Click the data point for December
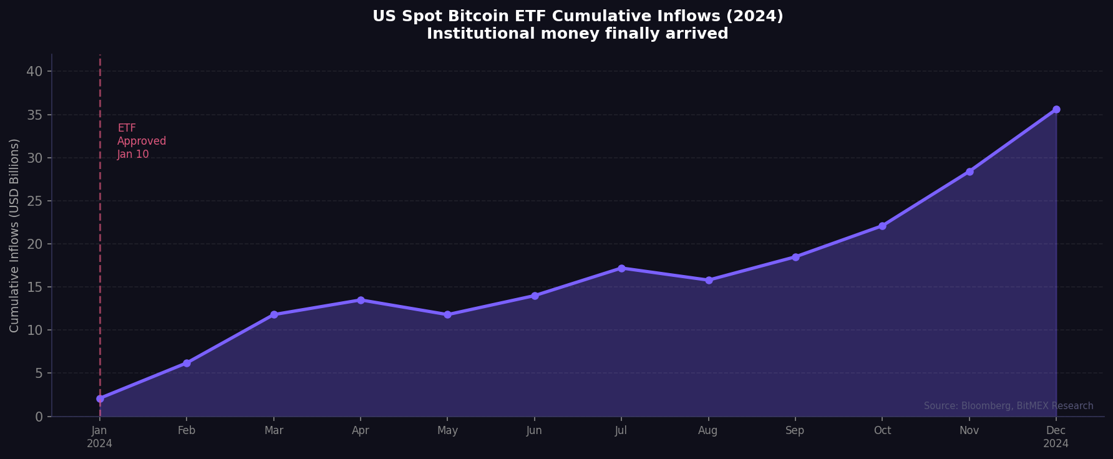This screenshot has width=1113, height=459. point(1056,109)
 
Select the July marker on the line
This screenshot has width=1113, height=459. point(621,268)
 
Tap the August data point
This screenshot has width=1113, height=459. point(709,280)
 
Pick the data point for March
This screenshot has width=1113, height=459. point(274,314)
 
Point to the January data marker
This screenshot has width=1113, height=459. point(100,399)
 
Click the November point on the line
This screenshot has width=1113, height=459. point(970,172)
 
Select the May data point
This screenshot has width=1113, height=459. point(447,314)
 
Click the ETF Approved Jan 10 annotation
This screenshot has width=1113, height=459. point(142,142)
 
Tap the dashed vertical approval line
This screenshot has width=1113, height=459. point(100,249)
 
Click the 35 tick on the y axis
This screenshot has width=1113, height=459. point(34,115)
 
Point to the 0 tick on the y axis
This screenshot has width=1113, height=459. point(39,417)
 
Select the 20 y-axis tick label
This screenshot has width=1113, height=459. point(34,244)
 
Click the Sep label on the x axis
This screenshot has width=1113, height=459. point(795,431)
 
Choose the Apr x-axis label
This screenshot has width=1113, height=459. point(360,431)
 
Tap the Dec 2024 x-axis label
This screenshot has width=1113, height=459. point(1056,437)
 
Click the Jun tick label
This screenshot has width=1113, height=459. point(534,431)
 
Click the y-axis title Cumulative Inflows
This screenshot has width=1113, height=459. point(14,235)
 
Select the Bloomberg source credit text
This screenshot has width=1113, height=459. point(1008,406)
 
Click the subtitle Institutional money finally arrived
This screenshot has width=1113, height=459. point(577,34)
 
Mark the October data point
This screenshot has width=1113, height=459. point(882,226)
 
